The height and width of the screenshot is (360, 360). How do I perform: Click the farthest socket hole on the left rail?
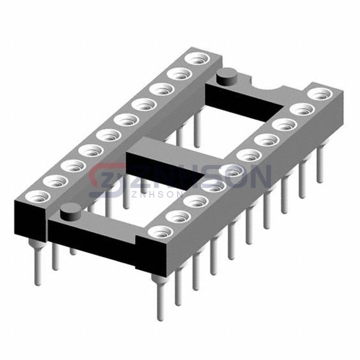(197, 58)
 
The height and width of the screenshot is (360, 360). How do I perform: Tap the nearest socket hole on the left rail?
(37, 197)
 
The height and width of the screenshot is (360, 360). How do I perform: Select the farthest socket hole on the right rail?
(320, 94)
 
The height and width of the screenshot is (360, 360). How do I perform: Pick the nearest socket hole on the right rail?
(160, 232)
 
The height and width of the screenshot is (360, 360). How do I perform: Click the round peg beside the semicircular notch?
(226, 77)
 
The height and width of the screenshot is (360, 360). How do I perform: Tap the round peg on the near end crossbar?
(70, 212)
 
